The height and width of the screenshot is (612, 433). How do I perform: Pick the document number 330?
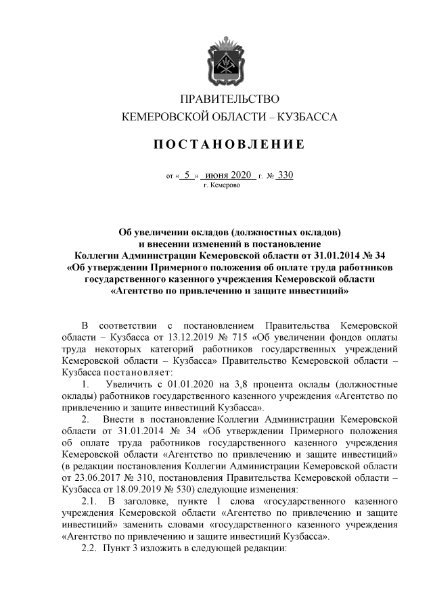click(286, 175)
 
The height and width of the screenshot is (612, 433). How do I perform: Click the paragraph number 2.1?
click(90, 502)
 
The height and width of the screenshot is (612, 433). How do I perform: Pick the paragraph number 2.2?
click(90, 549)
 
